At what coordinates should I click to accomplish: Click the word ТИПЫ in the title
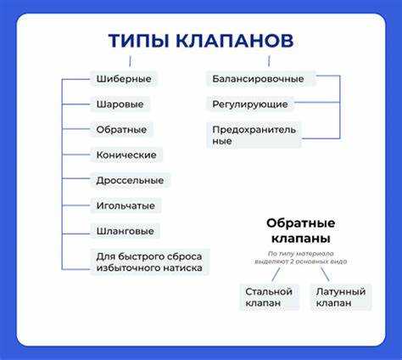click(137, 41)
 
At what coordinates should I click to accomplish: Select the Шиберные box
click(123, 79)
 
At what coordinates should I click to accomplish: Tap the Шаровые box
click(119, 104)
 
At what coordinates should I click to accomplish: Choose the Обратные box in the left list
click(121, 130)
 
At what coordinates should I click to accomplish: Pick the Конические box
click(126, 155)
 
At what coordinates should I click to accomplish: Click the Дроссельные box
click(130, 180)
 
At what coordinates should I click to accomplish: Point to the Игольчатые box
click(127, 205)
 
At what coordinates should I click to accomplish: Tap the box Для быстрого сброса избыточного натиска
click(150, 261)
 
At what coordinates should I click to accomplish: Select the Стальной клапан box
click(269, 297)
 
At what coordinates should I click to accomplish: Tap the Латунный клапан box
click(340, 297)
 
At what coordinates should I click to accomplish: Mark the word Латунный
click(340, 291)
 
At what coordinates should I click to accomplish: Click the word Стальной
click(269, 291)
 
